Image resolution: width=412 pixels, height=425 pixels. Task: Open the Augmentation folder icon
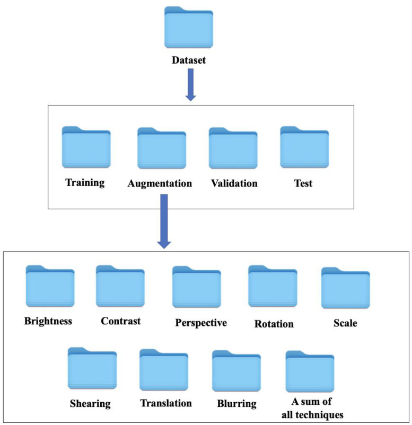(x=162, y=148)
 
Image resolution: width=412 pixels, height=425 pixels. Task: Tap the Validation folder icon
(x=233, y=148)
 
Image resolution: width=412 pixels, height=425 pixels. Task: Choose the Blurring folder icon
(x=236, y=371)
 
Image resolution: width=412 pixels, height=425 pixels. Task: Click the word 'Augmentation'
(x=160, y=184)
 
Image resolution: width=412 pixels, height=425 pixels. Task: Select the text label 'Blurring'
(x=236, y=403)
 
